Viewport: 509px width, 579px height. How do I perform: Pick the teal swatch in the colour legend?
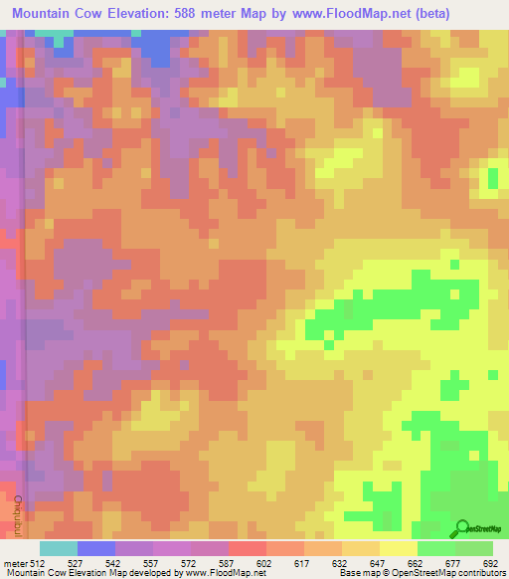coord(59,548)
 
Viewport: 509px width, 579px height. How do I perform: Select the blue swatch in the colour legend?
coord(96,548)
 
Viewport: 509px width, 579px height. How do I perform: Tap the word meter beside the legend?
coord(14,563)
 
